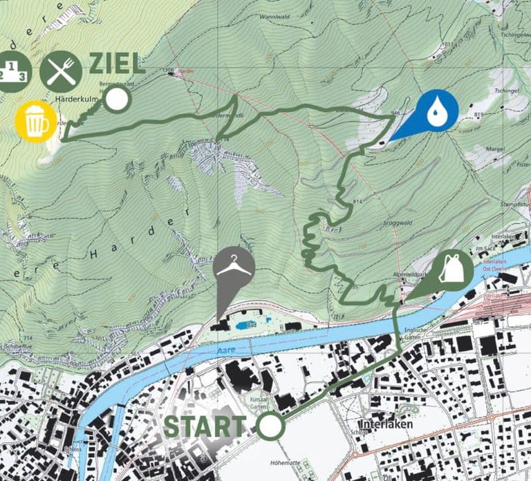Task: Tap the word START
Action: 204,427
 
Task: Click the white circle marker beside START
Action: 271,426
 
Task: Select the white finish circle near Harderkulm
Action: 118,100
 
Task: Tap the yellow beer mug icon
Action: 33,121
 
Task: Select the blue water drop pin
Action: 435,111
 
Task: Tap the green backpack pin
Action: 451,270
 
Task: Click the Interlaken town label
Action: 386,424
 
